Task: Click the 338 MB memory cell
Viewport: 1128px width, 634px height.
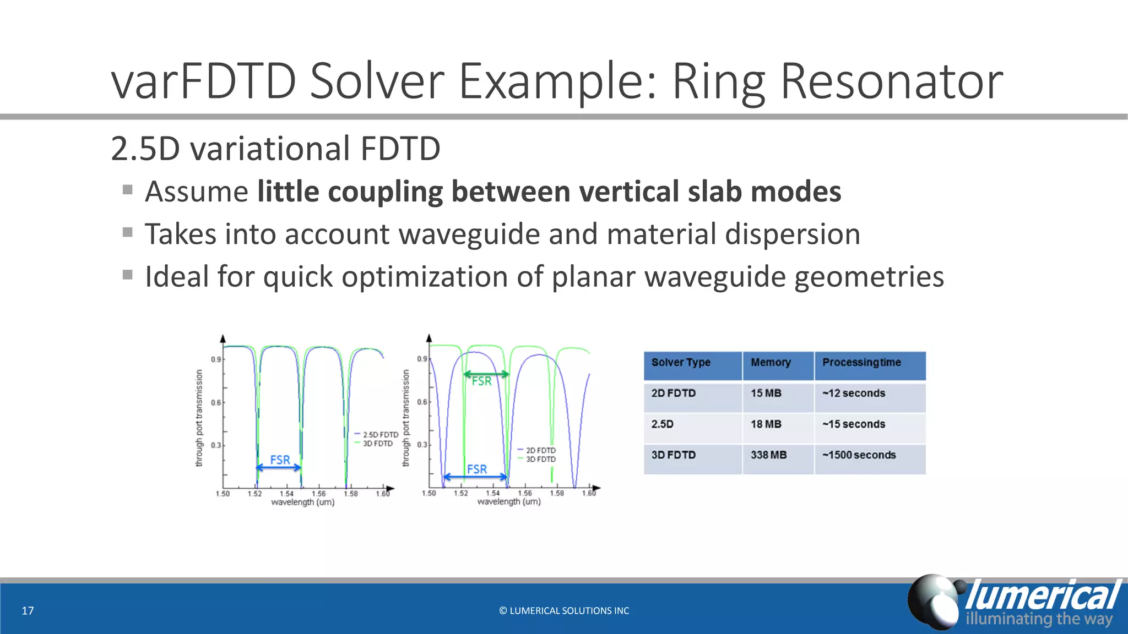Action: [x=768, y=455]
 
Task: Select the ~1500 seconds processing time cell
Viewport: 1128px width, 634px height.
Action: [x=859, y=455]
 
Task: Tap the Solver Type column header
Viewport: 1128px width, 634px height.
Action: [x=681, y=363]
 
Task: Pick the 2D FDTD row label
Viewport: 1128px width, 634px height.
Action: [x=673, y=393]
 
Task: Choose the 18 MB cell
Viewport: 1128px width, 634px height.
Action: [x=766, y=424]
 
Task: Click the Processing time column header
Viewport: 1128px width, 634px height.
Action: [x=861, y=363]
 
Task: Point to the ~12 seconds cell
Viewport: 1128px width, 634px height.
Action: [x=854, y=393]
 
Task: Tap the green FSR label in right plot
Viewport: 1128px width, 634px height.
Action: [x=481, y=381]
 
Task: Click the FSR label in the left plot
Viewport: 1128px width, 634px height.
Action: [x=280, y=460]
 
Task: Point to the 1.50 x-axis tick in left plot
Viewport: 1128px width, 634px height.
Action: [x=223, y=494]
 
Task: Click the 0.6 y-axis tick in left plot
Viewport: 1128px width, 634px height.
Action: [x=216, y=402]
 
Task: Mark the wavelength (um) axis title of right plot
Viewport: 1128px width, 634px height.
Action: [x=508, y=502]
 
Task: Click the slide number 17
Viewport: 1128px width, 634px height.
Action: [x=28, y=611]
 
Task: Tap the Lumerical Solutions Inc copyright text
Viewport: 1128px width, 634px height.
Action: [x=564, y=611]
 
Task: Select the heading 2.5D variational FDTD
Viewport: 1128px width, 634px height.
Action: [x=275, y=149]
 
